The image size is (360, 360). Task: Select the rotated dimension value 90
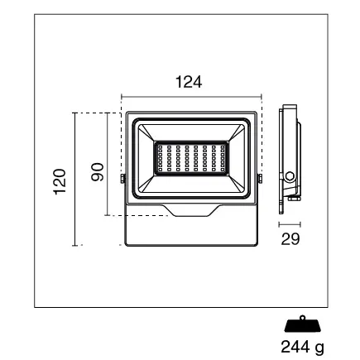96,171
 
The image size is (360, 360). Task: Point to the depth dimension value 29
290,238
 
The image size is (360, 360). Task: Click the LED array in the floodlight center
192,157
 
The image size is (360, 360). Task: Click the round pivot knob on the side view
290,176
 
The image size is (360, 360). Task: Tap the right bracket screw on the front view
261,178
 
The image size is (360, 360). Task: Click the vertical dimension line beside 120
75,180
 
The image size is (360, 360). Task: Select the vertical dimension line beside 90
108,164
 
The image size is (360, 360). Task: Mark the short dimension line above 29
290,223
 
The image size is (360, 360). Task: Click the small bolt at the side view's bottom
293,199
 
